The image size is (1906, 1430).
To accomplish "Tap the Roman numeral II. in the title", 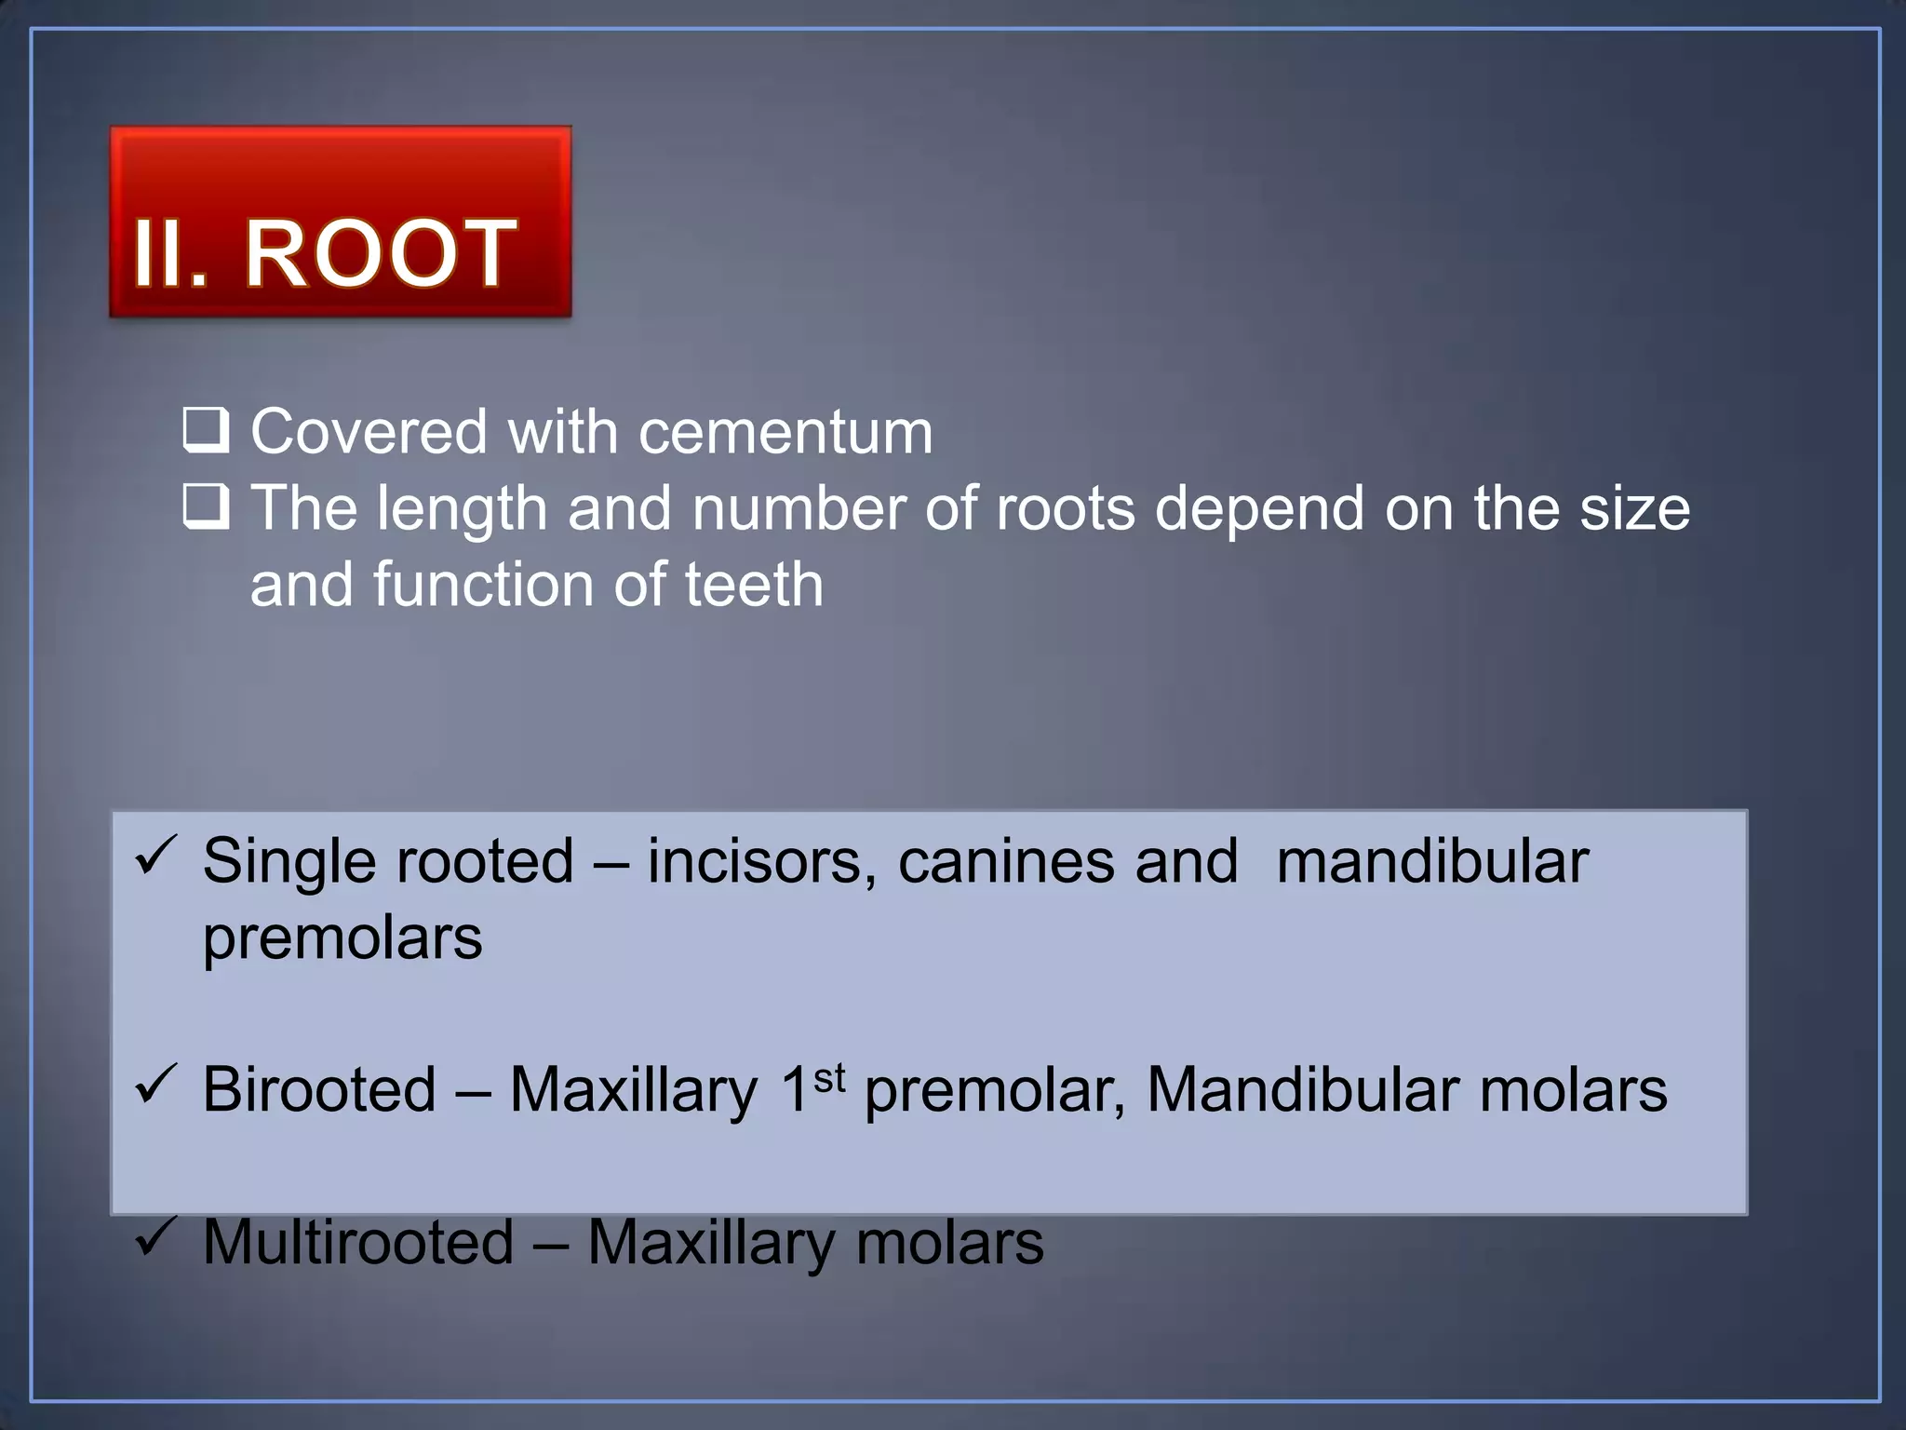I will [x=170, y=253].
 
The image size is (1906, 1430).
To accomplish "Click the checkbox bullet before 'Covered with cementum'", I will [x=205, y=430].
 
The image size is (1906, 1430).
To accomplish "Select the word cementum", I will [x=785, y=432].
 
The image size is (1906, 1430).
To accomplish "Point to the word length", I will [x=462, y=509].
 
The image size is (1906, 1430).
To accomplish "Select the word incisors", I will [x=761, y=860].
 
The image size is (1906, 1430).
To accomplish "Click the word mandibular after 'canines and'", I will [x=1432, y=860].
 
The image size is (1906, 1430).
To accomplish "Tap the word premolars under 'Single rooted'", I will [x=342, y=938].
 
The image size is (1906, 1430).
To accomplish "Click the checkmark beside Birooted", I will [x=156, y=1084].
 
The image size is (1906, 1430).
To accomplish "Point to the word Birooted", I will [x=319, y=1089].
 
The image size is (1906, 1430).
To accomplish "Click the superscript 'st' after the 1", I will [x=829, y=1078].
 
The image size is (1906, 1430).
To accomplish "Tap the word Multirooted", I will [x=358, y=1242].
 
